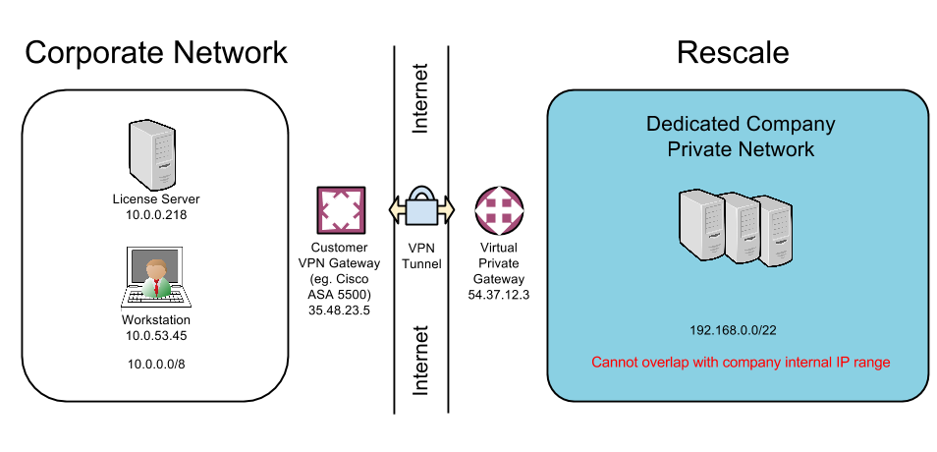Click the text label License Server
pyautogui.click(x=155, y=199)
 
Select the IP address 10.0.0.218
pyautogui.click(x=155, y=214)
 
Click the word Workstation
pyautogui.click(x=155, y=320)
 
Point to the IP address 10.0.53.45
pyautogui.click(x=155, y=335)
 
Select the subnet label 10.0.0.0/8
pyautogui.click(x=155, y=365)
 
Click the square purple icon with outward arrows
pyautogui.click(x=341, y=210)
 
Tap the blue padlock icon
pyautogui.click(x=421, y=207)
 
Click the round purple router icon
pyautogui.click(x=500, y=210)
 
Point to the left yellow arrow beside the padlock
pyautogui.click(x=397, y=209)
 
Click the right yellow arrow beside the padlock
pyautogui.click(x=446, y=209)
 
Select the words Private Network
pyautogui.click(x=741, y=149)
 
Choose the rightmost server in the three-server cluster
pyautogui.click(x=775, y=232)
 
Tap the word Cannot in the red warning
pyautogui.click(x=616, y=363)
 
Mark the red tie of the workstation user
pyautogui.click(x=155, y=286)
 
